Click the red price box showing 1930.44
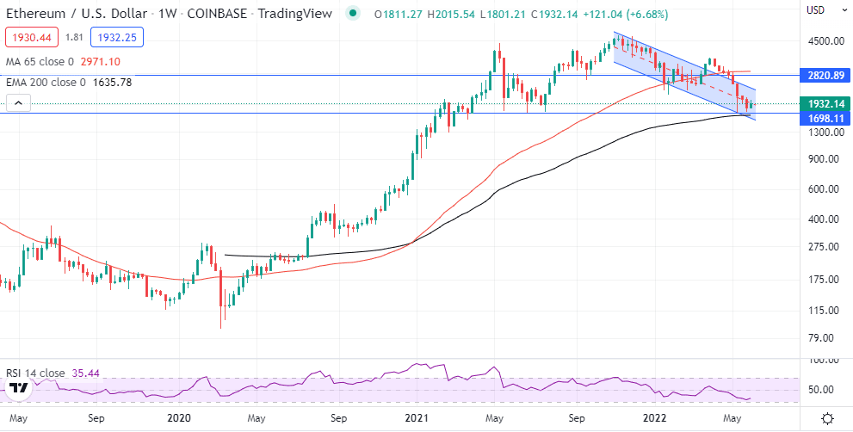[29, 37]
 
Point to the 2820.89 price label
[824, 76]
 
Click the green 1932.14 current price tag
[824, 103]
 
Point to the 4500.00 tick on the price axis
[824, 41]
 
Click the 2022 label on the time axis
[656, 418]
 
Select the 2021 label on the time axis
[417, 418]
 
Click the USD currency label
[817, 10]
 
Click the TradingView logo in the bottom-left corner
[18, 390]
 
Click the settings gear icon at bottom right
[827, 418]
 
